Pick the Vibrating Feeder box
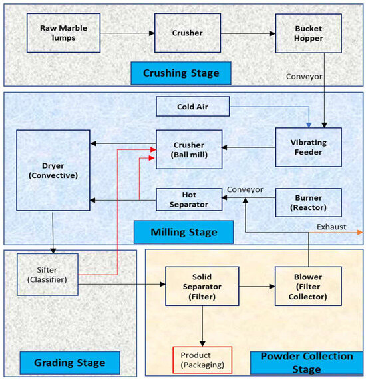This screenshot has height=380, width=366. click(x=308, y=147)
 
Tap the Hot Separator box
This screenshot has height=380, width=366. click(x=190, y=199)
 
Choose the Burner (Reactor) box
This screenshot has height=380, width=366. click(x=308, y=201)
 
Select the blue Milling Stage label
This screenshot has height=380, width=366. click(x=184, y=233)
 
